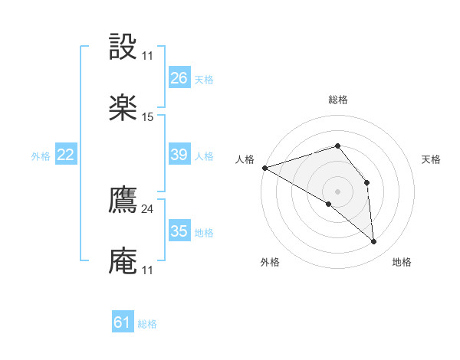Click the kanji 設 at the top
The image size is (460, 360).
pos(123,47)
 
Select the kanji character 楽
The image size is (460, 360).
pos(123,108)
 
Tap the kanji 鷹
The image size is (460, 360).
pos(123,201)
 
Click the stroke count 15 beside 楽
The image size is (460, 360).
pos(148,117)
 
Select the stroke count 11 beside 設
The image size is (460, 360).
pos(148,56)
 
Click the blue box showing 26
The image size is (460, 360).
pos(179,78)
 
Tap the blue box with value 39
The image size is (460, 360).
pos(179,155)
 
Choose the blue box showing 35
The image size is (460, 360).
pos(179,231)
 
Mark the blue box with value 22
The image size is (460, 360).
pos(65,155)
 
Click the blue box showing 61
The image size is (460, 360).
pos(123,322)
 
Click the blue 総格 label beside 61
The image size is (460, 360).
pos(147,324)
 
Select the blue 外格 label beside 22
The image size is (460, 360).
pos(41,156)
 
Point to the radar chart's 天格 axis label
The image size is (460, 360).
pos(432,159)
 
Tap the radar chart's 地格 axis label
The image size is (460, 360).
pos(402,262)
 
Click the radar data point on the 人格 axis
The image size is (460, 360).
pos(264,168)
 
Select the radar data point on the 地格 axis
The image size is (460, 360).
pos(373,242)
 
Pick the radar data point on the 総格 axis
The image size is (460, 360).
pos(337,146)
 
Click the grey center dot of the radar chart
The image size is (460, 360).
pos(337,191)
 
